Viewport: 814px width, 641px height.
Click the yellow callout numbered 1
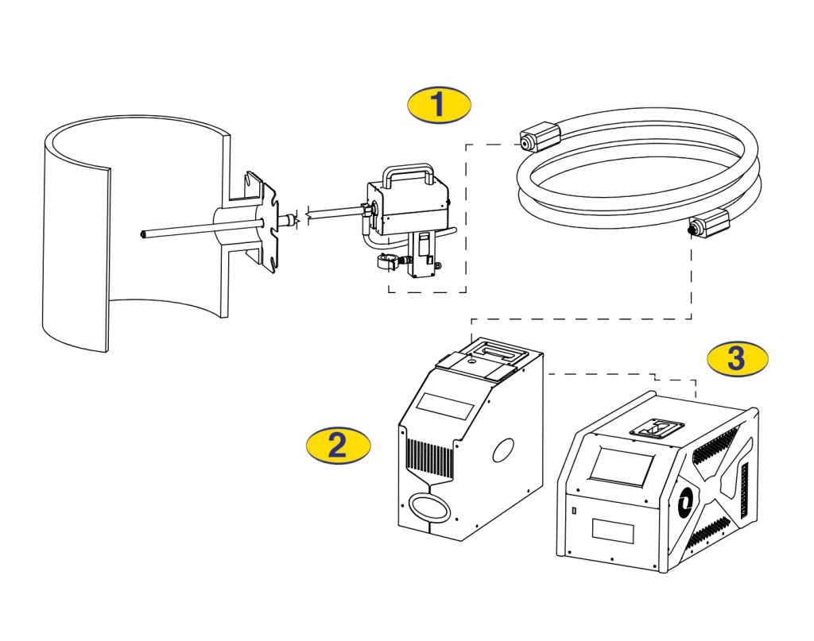[x=439, y=105]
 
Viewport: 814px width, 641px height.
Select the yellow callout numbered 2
[x=338, y=445]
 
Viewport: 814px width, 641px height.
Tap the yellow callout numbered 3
[x=737, y=358]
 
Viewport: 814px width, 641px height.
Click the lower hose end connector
[x=708, y=225]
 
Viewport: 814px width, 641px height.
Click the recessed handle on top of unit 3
[x=656, y=430]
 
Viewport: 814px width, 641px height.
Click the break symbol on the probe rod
[x=296, y=218]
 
